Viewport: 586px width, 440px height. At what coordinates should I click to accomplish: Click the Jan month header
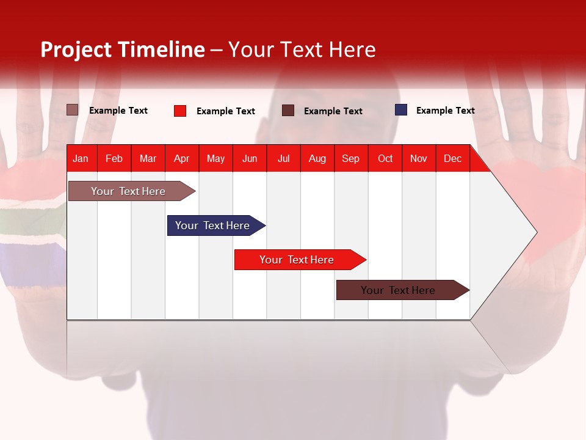click(81, 158)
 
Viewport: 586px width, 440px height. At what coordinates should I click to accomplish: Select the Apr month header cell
click(181, 158)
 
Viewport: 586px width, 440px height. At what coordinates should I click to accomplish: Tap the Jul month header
click(283, 158)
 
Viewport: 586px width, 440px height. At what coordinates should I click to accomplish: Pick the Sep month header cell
click(350, 158)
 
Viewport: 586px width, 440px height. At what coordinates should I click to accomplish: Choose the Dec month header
click(452, 158)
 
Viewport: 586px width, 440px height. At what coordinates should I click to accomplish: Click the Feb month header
click(114, 158)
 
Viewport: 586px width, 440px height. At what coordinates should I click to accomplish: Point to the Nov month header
click(419, 158)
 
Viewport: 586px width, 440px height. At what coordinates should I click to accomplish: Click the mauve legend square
click(73, 110)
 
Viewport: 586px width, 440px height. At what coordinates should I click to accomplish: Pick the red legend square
click(180, 111)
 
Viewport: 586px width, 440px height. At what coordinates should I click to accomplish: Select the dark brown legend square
click(288, 111)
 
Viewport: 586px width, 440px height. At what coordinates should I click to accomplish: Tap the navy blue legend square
click(401, 110)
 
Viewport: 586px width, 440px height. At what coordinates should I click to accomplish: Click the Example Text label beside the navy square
click(445, 111)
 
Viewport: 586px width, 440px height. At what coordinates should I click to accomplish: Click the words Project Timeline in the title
click(123, 50)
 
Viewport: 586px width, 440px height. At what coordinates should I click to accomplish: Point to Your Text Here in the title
click(302, 50)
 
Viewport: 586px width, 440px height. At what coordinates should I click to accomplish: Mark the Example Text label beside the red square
click(225, 111)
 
